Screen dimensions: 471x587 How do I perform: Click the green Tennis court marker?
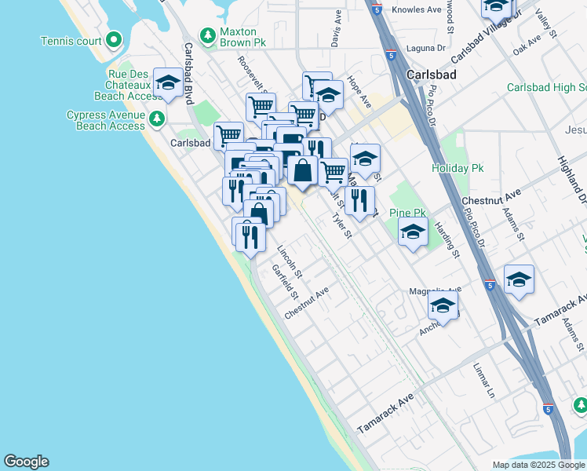tap(114, 39)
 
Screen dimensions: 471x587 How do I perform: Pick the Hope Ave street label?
tap(359, 93)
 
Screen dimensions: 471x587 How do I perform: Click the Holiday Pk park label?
tap(458, 169)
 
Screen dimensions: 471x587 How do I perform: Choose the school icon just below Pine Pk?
tap(413, 232)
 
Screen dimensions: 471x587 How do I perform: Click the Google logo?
tap(26, 462)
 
